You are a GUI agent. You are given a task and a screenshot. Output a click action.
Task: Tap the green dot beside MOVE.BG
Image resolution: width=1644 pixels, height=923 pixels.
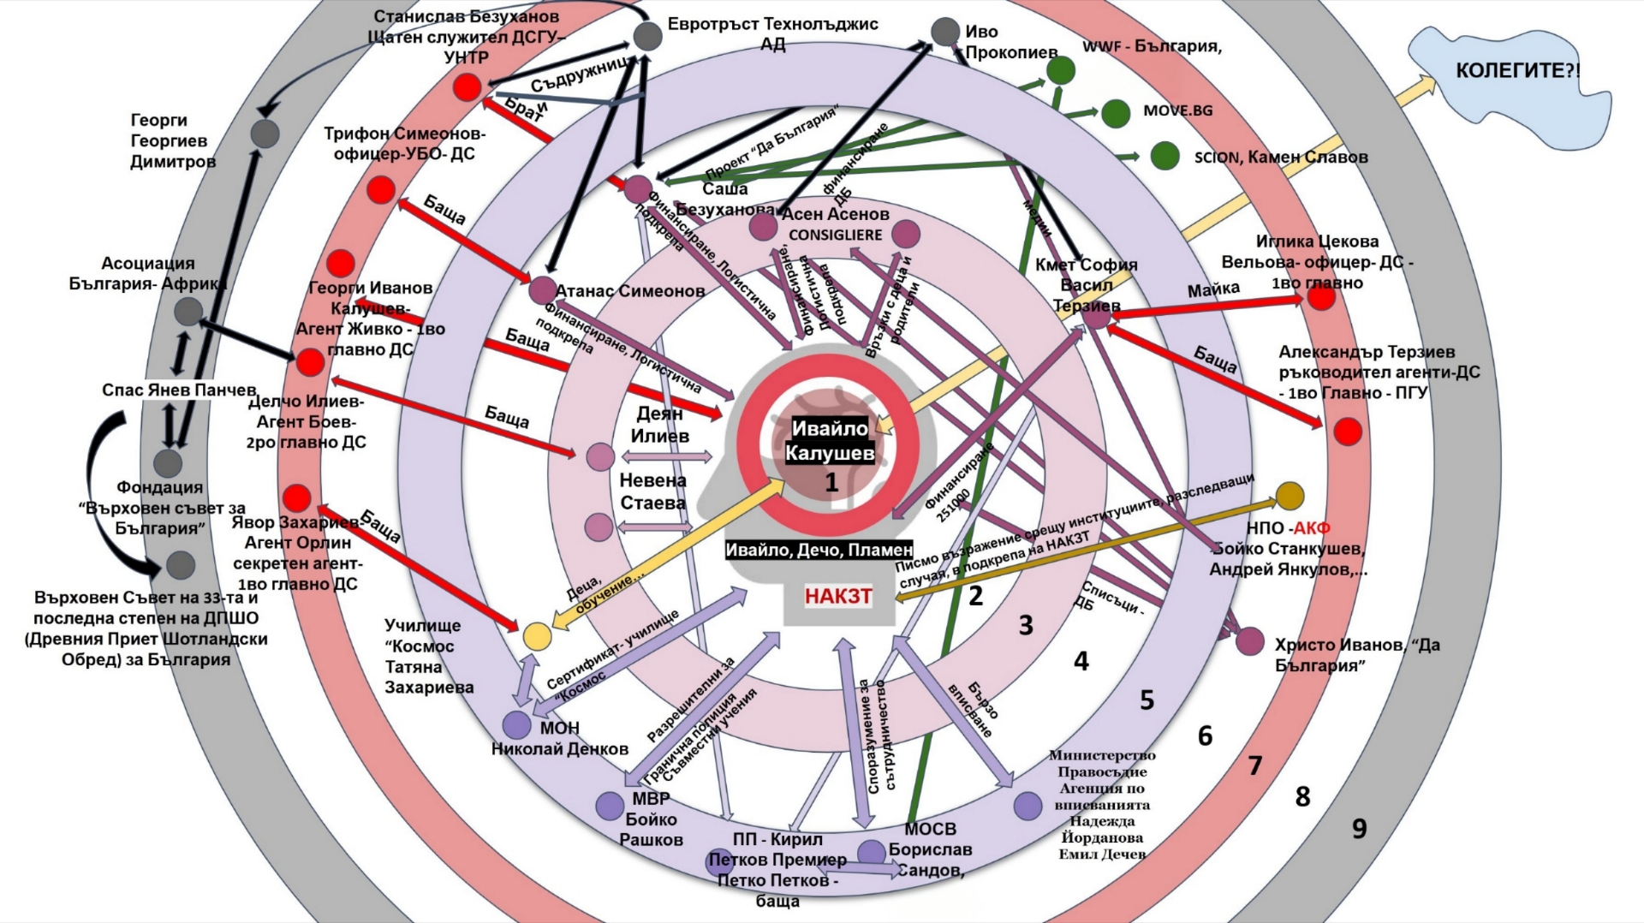pos(1115,113)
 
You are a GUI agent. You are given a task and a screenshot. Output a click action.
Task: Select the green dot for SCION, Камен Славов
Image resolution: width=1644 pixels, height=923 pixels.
pos(1164,156)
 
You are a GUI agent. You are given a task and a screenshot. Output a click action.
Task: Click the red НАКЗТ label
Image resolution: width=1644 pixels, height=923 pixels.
pos(837,596)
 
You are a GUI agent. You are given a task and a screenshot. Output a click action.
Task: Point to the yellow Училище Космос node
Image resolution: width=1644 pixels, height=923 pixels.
pos(537,636)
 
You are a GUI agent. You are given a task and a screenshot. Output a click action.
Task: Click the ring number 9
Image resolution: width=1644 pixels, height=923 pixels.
pos(1359,829)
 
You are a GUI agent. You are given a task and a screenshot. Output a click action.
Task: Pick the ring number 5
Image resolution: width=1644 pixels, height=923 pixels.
pos(1147,700)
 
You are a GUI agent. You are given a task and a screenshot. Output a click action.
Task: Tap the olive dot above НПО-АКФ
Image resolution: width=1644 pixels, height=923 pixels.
pos(1290,495)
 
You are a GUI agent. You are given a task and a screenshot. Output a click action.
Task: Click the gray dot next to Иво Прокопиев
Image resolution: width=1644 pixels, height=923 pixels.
pos(945,32)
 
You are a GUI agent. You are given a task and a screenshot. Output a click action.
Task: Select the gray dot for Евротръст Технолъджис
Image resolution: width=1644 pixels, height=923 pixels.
pos(647,36)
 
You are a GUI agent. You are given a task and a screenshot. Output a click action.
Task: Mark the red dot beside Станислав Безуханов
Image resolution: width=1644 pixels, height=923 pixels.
pos(467,86)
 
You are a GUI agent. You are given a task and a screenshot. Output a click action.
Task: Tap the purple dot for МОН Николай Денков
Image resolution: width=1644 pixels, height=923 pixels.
pos(516,725)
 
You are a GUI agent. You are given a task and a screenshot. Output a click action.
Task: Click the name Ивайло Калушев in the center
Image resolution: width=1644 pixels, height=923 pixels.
pos(830,440)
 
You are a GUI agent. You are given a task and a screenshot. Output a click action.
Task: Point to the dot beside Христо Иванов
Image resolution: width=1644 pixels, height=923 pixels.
pos(1250,641)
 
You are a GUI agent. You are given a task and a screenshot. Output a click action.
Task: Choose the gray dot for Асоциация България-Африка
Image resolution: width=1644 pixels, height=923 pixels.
pos(188,312)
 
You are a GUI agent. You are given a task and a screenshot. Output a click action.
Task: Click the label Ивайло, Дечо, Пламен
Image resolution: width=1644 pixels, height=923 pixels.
pos(819,550)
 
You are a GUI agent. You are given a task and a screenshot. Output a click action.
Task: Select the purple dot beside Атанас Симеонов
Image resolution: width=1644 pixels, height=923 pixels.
pos(542,289)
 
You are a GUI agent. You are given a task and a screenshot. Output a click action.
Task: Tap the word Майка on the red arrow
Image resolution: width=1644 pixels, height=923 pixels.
pos(1212,290)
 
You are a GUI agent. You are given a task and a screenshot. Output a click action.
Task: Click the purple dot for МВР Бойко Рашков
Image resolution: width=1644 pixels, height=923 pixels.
pos(610,806)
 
